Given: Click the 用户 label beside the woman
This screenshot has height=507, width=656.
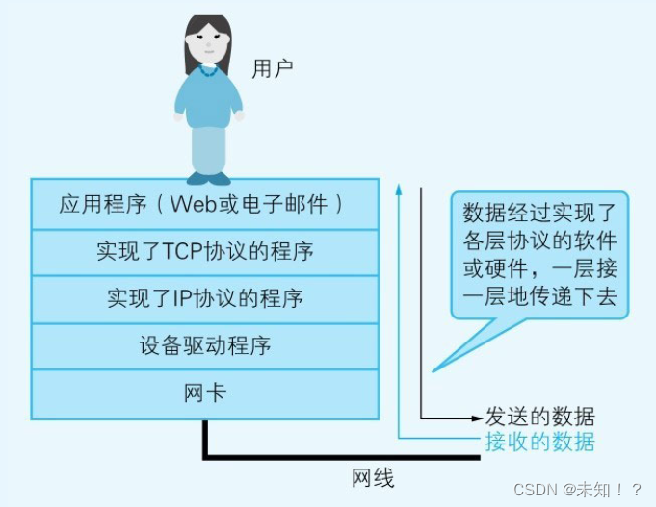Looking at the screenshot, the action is [272, 68].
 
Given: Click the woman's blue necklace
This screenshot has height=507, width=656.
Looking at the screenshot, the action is [207, 70].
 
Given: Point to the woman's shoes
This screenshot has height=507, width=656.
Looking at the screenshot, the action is [209, 178].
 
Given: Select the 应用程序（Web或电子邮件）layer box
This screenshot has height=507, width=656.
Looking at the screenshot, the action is [204, 204].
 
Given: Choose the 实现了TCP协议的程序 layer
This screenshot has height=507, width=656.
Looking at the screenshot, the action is [204, 252].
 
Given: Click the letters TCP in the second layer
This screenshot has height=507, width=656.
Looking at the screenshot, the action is [183, 252].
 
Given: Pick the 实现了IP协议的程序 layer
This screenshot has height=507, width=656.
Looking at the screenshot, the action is [204, 298].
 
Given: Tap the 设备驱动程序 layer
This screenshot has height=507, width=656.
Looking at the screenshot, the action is [204, 345].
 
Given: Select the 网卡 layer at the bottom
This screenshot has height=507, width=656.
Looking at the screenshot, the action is [204, 393].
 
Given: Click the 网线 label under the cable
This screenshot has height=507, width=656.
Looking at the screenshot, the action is [372, 477].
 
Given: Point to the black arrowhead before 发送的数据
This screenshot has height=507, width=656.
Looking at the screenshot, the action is [476, 418].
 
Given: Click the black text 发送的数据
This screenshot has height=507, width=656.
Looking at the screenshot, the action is [539, 418].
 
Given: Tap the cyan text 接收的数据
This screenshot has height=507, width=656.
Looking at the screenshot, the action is [539, 442].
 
